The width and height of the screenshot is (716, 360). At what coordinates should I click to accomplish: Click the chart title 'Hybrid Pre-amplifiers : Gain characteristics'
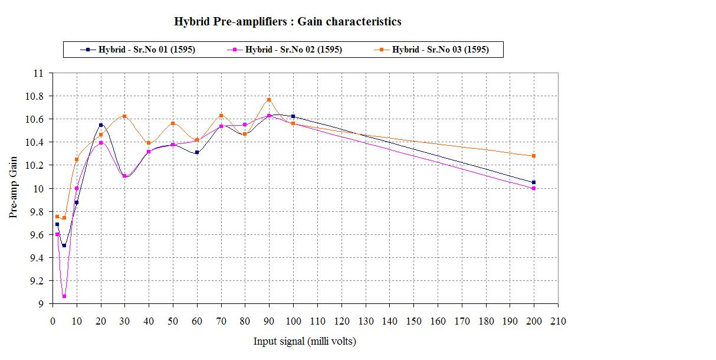(288, 22)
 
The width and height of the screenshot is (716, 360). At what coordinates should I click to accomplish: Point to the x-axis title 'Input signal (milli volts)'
(305, 341)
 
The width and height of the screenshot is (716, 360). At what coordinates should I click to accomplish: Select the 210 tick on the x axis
(558, 321)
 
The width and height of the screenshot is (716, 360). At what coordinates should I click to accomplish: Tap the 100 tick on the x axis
(293, 321)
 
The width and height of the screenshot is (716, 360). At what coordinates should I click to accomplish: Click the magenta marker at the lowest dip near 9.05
(64, 296)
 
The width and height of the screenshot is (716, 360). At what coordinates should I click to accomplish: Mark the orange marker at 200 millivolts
(534, 156)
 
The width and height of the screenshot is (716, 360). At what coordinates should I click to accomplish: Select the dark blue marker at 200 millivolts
(534, 182)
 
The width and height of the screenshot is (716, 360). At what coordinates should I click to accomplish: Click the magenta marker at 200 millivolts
(534, 188)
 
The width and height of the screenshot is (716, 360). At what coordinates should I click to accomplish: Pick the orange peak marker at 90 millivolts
(269, 100)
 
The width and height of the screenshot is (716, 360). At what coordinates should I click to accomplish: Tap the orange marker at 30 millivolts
(124, 116)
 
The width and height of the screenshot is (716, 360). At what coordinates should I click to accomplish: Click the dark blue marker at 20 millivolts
(101, 125)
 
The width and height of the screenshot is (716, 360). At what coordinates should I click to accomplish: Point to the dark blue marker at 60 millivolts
(197, 152)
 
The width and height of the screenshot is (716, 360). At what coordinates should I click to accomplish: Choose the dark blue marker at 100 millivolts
(293, 116)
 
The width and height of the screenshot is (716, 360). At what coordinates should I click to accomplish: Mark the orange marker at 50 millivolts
(173, 123)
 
